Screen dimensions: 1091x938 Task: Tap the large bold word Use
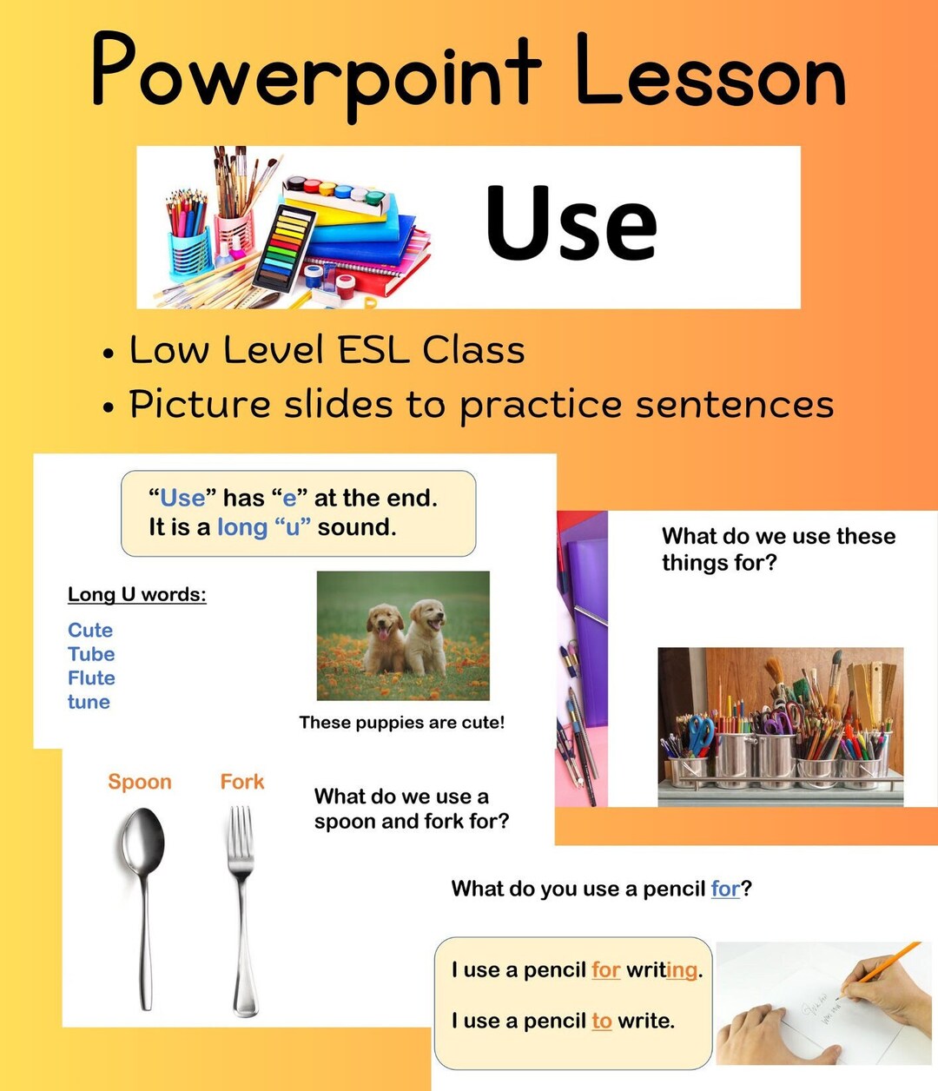571,223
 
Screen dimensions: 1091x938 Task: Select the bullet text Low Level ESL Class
327,350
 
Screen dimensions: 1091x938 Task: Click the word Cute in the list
90,630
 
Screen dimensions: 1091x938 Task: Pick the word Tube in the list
91,654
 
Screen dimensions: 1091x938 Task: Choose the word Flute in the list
91,678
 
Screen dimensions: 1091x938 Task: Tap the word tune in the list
89,702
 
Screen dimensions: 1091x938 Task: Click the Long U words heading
137,594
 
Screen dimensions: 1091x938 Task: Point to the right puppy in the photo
427,634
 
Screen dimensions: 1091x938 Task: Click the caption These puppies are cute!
401,722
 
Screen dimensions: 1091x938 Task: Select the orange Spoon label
139,782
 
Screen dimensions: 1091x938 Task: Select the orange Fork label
241,782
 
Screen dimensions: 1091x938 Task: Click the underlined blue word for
724,889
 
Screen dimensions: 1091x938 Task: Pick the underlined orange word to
602,1021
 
